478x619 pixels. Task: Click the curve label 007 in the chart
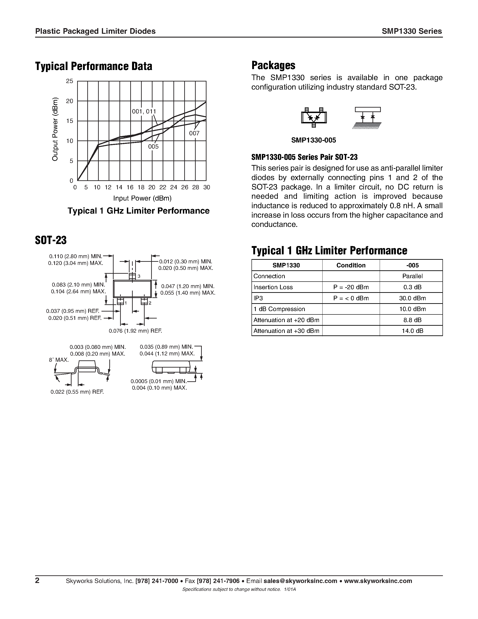pos(194,133)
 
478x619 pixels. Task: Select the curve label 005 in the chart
pos(153,147)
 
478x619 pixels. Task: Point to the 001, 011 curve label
pos(144,112)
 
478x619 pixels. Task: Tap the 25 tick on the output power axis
pos(69,81)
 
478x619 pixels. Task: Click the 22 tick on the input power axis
pos(163,187)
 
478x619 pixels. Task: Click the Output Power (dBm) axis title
pos(55,129)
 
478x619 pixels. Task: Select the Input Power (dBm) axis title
pos(142,198)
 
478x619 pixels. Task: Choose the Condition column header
pos(351,265)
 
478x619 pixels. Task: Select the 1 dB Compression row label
pos(279,309)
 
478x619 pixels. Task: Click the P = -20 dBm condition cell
pos(351,287)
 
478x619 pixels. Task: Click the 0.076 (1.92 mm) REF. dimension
pos(135,331)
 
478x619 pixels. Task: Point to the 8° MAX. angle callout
pos(59,360)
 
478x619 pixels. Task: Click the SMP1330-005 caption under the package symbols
pos(314,140)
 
